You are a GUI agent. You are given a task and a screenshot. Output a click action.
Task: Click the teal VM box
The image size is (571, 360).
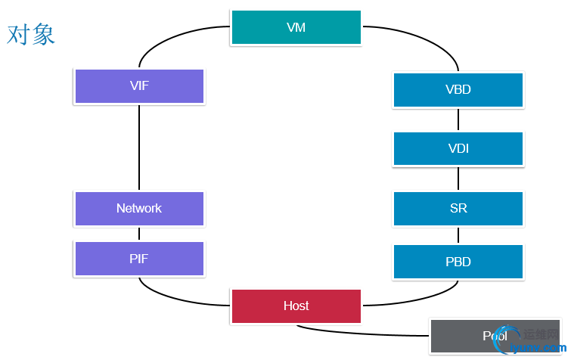coord(296,28)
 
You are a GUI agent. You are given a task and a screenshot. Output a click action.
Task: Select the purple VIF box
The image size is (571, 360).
coord(139,86)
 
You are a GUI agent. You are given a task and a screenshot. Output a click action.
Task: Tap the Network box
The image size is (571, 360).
coord(139,209)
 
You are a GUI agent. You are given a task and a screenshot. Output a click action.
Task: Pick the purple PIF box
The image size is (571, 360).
coord(139,259)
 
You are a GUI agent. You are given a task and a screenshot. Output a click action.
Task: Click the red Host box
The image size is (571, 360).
coord(296,306)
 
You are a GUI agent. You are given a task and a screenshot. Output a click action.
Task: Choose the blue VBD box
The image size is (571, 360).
coord(458,90)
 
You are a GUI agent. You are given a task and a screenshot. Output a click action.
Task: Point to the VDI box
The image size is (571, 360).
coord(458,149)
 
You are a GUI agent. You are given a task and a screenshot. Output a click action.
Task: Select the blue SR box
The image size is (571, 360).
coord(458,209)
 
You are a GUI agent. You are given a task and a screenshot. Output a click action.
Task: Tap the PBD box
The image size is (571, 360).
coord(458,262)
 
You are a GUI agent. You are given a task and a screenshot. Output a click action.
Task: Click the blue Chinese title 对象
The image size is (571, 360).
coord(31,34)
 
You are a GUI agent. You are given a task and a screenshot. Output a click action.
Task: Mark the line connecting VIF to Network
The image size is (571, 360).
coord(139,147)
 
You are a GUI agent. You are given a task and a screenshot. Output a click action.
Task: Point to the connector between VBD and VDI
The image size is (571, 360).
coord(458,119)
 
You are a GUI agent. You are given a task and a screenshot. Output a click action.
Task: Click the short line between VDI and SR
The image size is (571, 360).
coord(458,179)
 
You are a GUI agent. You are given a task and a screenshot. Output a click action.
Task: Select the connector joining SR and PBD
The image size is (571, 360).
coord(458,235)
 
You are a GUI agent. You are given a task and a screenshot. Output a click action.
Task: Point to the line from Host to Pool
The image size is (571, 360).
coord(363,333)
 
